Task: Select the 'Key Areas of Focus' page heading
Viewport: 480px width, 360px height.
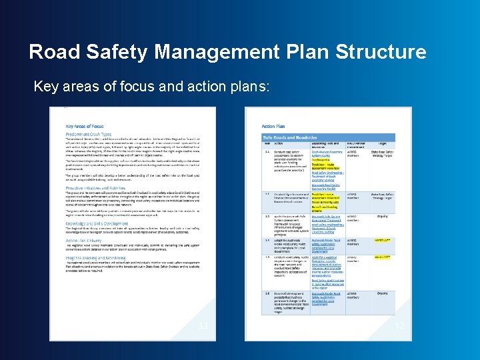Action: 85,126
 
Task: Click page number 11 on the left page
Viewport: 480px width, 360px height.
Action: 204,325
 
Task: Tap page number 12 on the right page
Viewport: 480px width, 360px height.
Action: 399,325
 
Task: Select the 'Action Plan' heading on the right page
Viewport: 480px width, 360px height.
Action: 273,126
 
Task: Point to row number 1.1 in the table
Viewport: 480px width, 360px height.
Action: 267,151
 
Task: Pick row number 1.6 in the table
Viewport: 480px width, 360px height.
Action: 267,294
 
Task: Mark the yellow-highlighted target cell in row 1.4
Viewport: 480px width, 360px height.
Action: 382,239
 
